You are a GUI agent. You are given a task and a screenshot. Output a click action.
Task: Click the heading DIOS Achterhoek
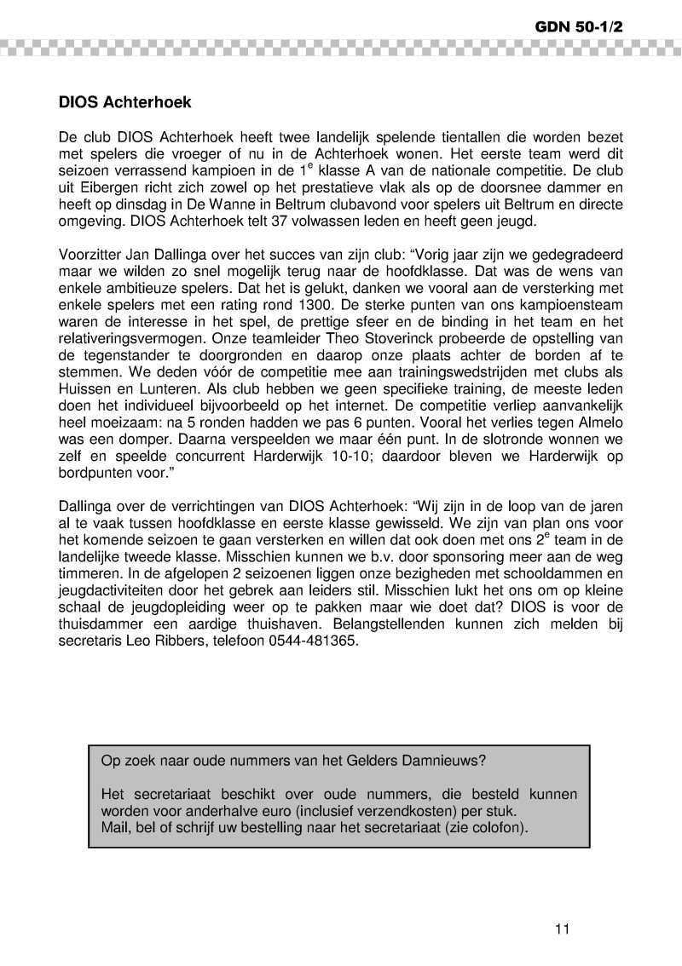125,103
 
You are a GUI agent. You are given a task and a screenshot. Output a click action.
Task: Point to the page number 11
560,929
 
